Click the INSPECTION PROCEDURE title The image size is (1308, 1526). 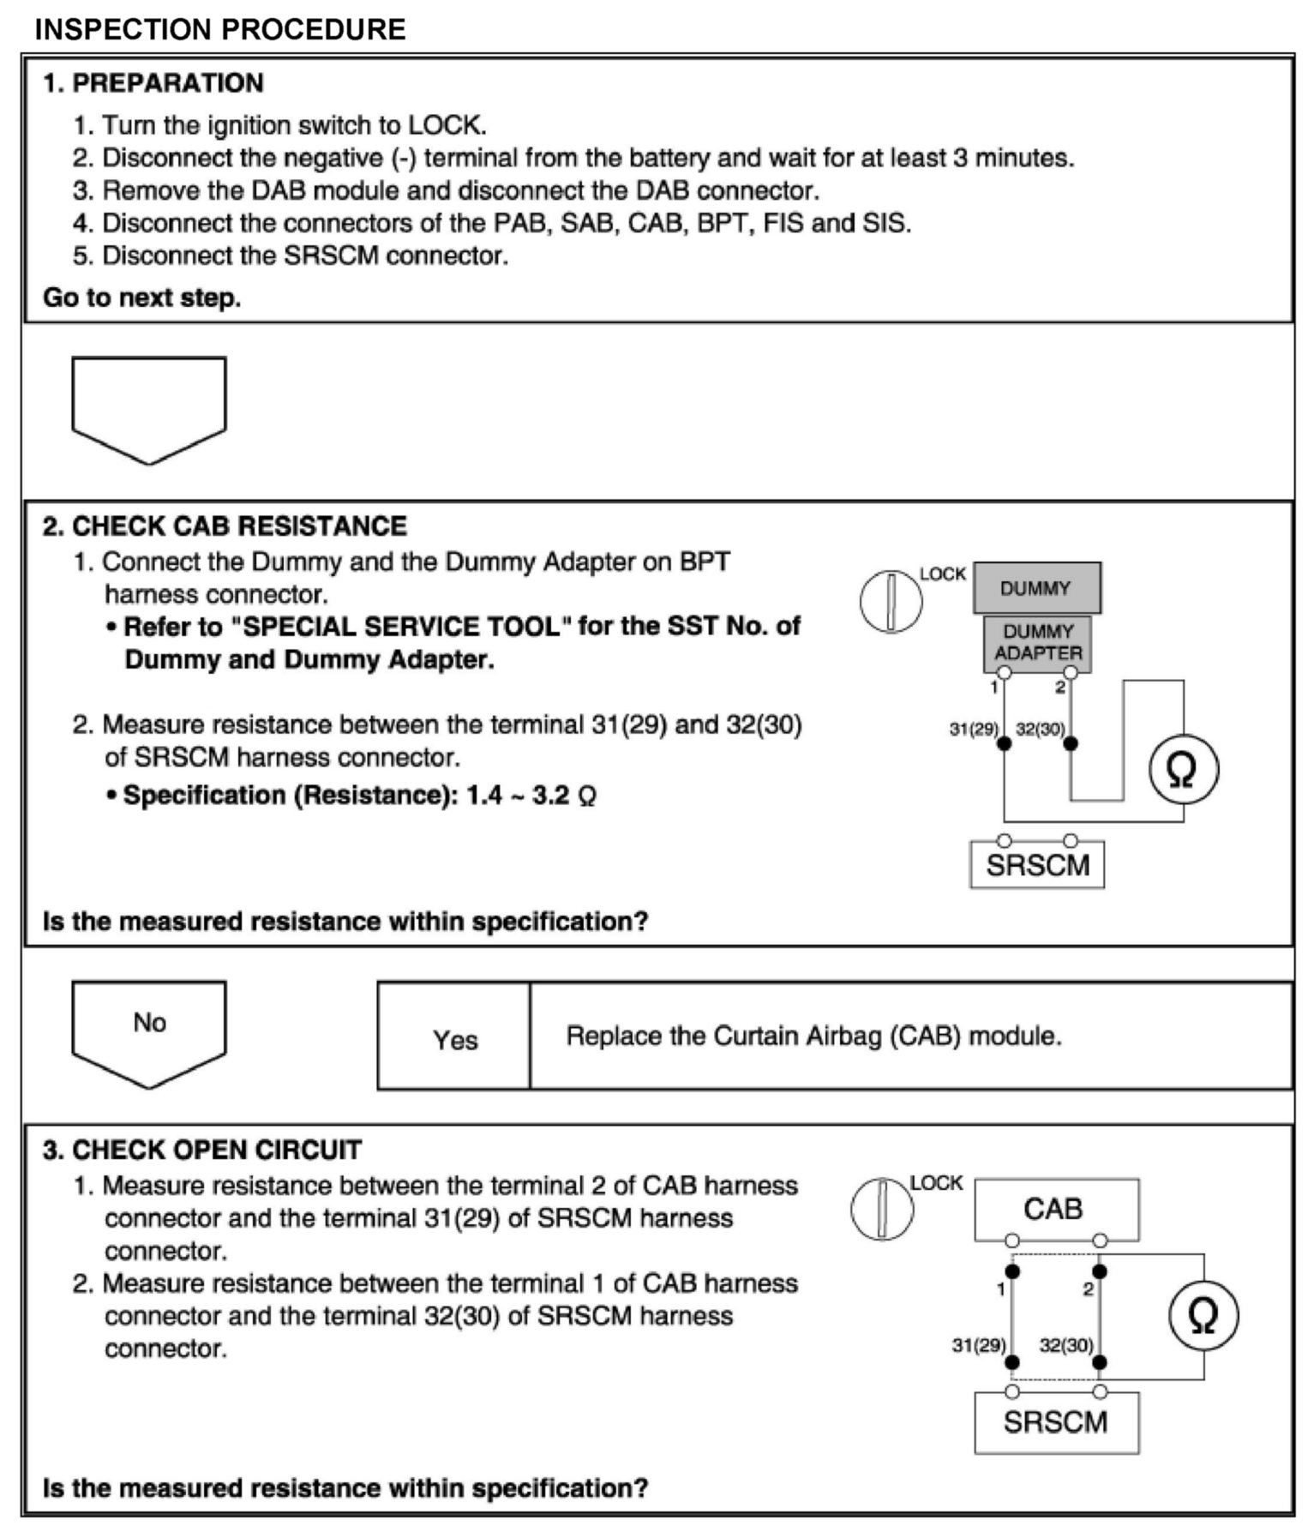(x=219, y=29)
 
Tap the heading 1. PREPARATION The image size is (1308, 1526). (x=153, y=83)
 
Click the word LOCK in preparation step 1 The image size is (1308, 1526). (x=445, y=125)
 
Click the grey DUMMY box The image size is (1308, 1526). (x=1036, y=588)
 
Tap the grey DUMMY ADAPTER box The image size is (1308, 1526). (x=1037, y=642)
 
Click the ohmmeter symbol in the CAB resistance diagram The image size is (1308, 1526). (x=1182, y=770)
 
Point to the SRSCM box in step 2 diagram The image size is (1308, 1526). (x=1037, y=865)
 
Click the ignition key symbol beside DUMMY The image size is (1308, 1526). (x=891, y=600)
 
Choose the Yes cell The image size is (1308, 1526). (x=454, y=1039)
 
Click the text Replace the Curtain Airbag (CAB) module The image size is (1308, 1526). (x=813, y=1036)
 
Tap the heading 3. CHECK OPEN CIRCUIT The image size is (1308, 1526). (x=202, y=1150)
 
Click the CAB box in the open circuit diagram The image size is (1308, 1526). (x=1055, y=1209)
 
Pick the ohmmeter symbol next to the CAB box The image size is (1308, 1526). (x=1203, y=1317)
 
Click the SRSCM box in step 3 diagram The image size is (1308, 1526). (x=1056, y=1423)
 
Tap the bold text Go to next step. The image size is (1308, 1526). (x=142, y=298)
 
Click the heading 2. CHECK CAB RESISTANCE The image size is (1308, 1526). (x=225, y=526)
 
